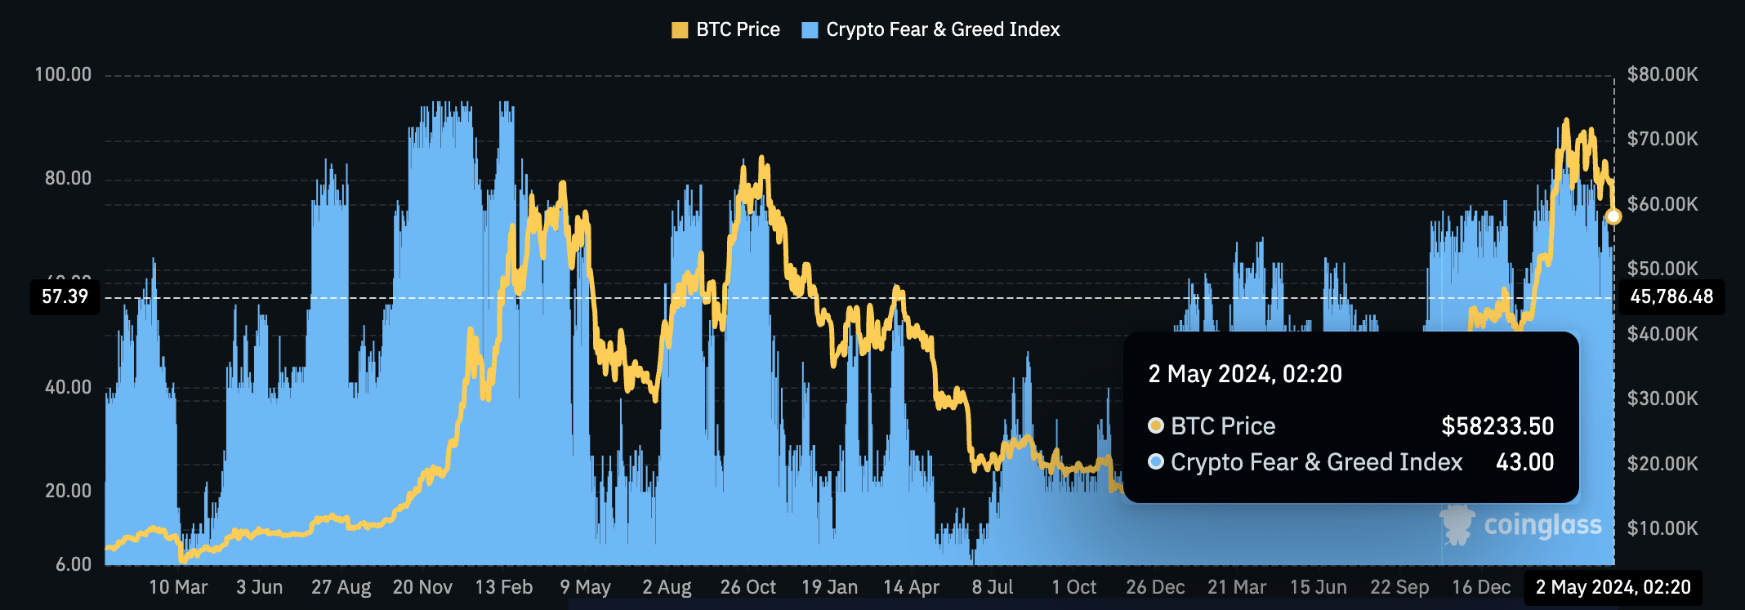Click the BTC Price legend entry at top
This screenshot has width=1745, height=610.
click(725, 30)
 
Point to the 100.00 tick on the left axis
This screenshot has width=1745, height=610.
click(63, 75)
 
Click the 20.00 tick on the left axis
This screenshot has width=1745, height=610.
click(68, 491)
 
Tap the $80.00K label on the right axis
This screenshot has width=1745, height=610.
click(1662, 75)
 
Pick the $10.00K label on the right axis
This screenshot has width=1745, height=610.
click(1662, 528)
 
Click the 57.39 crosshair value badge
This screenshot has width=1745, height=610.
click(65, 296)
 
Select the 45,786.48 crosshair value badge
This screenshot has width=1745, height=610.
click(1671, 296)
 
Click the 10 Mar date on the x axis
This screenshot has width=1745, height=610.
click(178, 587)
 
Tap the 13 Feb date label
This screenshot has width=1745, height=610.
click(503, 587)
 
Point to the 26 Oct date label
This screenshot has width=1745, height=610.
click(748, 587)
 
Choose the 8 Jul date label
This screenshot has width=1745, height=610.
click(992, 587)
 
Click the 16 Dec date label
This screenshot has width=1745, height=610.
click(1480, 587)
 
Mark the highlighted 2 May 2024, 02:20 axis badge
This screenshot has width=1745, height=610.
click(1613, 587)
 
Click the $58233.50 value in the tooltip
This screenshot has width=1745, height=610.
click(1497, 426)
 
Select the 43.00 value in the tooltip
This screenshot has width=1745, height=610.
click(1524, 462)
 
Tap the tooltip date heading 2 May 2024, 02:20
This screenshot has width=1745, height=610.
click(1245, 374)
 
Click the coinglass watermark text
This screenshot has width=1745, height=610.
click(1542, 525)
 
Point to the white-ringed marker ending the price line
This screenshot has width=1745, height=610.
click(1613, 216)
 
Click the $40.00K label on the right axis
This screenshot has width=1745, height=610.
click(1662, 334)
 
